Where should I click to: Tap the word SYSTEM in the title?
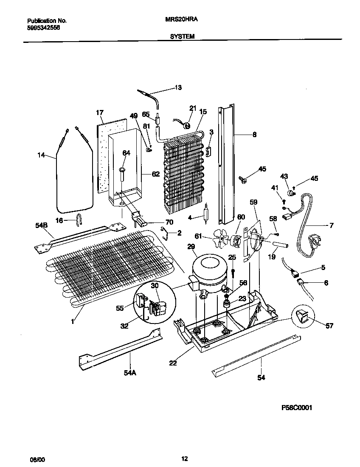pyautogui.click(x=182, y=37)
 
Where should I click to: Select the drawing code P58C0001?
pyautogui.click(x=297, y=408)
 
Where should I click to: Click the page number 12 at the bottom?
pyautogui.click(x=184, y=459)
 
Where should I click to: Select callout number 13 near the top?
pyautogui.click(x=178, y=88)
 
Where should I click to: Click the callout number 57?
pyautogui.click(x=329, y=326)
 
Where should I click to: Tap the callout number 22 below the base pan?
pyautogui.click(x=173, y=363)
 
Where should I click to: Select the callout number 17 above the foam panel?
pyautogui.click(x=99, y=113)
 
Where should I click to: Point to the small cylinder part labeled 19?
pyautogui.click(x=280, y=245)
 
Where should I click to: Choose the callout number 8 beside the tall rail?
pyautogui.click(x=254, y=135)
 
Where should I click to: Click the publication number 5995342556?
pyautogui.click(x=44, y=27)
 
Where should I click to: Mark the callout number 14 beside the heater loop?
pyautogui.click(x=41, y=156)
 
